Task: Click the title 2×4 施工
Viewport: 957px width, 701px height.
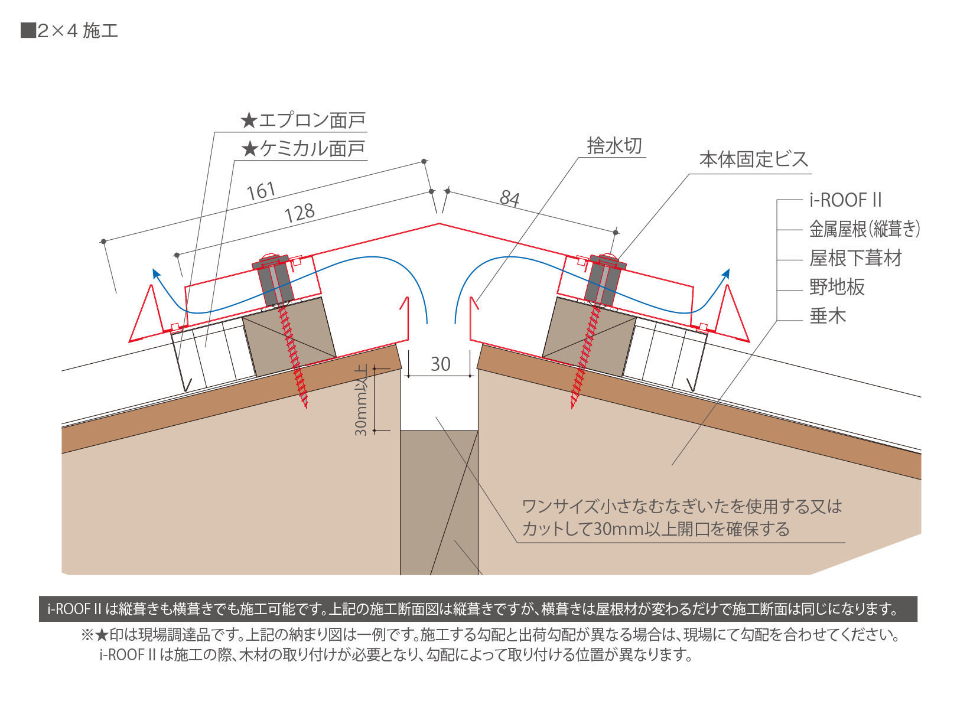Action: tap(70, 31)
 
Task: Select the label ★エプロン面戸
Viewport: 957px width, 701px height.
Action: tap(303, 121)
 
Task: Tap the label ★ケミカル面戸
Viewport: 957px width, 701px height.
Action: tap(303, 149)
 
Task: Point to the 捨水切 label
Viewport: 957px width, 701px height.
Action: tap(614, 146)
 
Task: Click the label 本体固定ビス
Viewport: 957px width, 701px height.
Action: tap(753, 159)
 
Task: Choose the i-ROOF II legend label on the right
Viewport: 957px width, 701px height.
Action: tap(845, 200)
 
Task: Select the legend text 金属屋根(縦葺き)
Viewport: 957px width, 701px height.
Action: tap(864, 229)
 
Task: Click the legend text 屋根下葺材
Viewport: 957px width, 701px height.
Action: tap(855, 258)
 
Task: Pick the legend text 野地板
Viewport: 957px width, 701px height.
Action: tap(837, 287)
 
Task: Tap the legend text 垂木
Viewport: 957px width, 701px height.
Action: tap(828, 316)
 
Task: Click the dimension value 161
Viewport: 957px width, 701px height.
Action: tap(261, 191)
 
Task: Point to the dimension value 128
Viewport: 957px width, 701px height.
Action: tap(300, 213)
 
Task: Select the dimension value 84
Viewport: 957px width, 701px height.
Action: tap(509, 198)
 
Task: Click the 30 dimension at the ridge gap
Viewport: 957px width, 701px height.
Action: tap(440, 364)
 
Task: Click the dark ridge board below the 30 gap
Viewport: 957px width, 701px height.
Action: tap(439, 502)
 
